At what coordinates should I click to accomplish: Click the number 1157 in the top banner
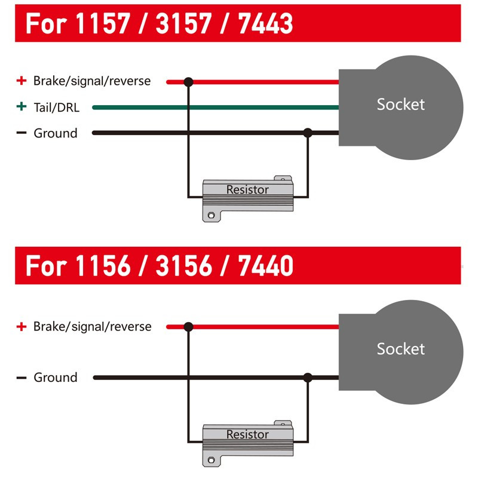pyautogui.click(x=102, y=23)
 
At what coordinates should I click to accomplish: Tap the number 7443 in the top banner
pyautogui.click(x=265, y=23)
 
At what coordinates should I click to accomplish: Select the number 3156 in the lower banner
pyautogui.click(x=183, y=265)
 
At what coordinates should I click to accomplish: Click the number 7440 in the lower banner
pyautogui.click(x=265, y=265)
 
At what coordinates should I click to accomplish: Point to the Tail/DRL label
pyautogui.click(x=56, y=108)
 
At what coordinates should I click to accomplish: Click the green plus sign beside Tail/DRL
pyautogui.click(x=22, y=106)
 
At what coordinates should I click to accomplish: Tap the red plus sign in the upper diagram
pyautogui.click(x=22, y=81)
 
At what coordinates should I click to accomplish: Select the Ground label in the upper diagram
pyautogui.click(x=56, y=133)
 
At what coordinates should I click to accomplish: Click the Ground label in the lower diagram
pyautogui.click(x=56, y=378)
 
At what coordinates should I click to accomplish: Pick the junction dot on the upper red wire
pyautogui.click(x=188, y=82)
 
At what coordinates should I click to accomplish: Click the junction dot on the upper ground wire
pyautogui.click(x=308, y=133)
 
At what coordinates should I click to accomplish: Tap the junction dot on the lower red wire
pyautogui.click(x=188, y=327)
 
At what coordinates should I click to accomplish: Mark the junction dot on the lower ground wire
pyautogui.click(x=308, y=378)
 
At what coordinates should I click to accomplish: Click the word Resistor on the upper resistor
pyautogui.click(x=247, y=189)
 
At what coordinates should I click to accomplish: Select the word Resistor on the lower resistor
pyautogui.click(x=247, y=434)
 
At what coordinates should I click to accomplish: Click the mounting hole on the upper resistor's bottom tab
pyautogui.click(x=211, y=216)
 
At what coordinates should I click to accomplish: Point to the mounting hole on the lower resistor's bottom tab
pyautogui.click(x=211, y=459)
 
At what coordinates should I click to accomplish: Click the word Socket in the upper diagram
pyautogui.click(x=400, y=105)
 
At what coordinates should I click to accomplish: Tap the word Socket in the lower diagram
pyautogui.click(x=400, y=349)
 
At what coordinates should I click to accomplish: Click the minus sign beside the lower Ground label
pyautogui.click(x=22, y=378)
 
